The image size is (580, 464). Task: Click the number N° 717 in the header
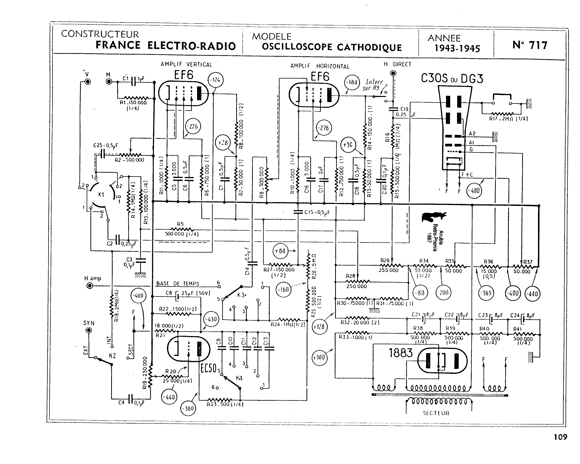tap(530, 45)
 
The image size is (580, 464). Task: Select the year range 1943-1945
tap(457, 48)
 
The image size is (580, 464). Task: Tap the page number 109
tap(560, 437)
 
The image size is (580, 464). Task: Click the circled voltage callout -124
tap(216, 80)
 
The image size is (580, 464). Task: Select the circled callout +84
tap(280, 251)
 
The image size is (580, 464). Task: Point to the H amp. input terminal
tap(90, 286)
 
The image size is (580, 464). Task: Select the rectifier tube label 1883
tap(400, 353)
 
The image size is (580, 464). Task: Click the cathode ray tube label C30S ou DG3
tap(452, 79)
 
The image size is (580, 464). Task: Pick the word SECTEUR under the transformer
tap(436, 413)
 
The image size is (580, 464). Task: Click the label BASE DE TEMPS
tap(178, 284)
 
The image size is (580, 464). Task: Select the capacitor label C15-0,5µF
tap(317, 212)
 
